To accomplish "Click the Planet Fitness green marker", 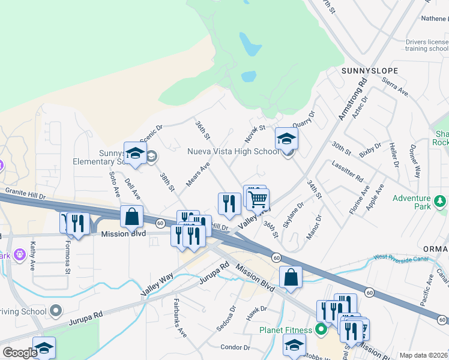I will click(x=321, y=329).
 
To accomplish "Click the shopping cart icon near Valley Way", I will click(x=258, y=199).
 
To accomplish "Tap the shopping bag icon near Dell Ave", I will click(x=131, y=217).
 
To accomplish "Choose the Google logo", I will click(x=20, y=353).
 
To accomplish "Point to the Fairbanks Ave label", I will click(x=180, y=317).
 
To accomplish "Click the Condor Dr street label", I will click(x=235, y=347).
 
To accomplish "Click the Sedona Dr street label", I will click(x=232, y=317).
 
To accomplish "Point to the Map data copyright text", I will click(x=423, y=355).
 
